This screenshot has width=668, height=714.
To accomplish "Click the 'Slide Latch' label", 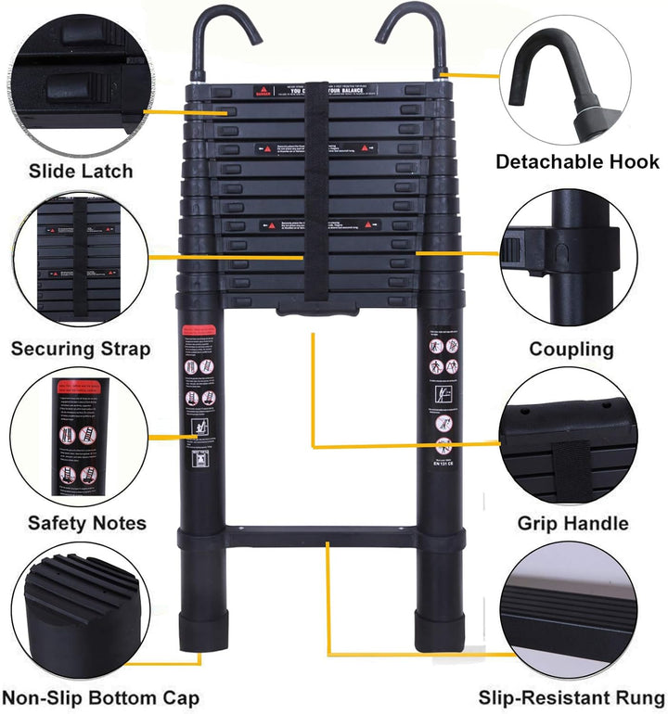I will (81, 171).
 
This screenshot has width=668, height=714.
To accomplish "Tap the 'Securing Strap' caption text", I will (80, 350).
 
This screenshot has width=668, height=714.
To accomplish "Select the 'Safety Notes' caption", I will (86, 523).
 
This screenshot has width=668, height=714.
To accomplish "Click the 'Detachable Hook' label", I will (576, 161).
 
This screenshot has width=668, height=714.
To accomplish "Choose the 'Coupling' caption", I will (572, 350).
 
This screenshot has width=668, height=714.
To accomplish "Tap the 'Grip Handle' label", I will (572, 523).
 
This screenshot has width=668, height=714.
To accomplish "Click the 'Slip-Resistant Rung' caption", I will (572, 697).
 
